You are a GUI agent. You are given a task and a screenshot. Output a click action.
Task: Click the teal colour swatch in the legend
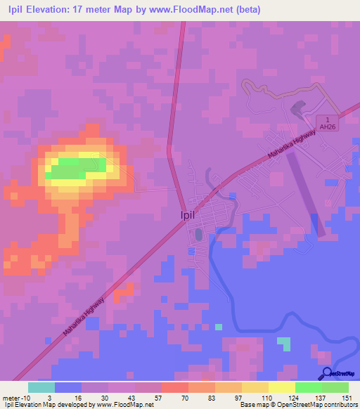pos(41,387)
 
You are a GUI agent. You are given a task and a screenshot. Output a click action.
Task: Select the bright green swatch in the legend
pos(308,387)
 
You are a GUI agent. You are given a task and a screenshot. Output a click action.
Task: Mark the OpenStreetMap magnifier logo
pos(326,374)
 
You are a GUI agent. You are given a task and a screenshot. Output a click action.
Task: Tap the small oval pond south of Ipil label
pos(198,234)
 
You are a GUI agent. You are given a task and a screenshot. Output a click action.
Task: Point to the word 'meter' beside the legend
pos(11,398)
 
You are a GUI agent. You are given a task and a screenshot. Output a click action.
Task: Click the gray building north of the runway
pos(297,109)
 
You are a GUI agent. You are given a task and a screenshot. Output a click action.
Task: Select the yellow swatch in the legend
pos(255,387)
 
